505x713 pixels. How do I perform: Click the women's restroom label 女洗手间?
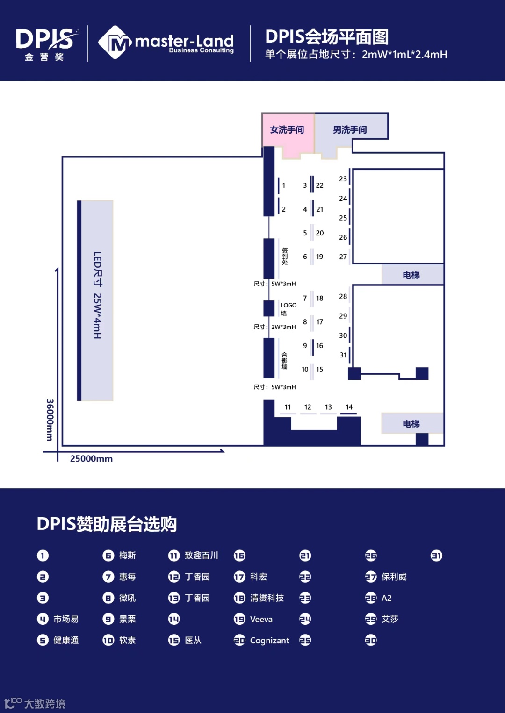[287, 130]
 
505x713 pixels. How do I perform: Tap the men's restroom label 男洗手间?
[350, 130]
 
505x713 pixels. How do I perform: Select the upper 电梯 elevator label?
[411, 275]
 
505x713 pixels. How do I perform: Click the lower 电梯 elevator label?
[411, 424]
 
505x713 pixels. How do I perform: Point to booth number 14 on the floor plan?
[349, 407]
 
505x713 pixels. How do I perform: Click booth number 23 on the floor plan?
[343, 179]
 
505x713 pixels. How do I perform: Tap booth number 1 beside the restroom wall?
[283, 185]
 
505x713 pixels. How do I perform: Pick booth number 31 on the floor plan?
[343, 355]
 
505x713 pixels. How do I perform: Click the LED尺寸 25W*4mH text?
[97, 295]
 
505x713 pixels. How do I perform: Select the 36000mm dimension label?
[50, 420]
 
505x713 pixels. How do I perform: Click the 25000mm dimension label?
[91, 459]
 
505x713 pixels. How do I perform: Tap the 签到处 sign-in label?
[285, 257]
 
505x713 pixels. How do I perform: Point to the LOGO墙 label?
[288, 309]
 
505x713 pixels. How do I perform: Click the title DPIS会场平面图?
[327, 37]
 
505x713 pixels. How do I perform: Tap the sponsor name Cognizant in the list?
[269, 641]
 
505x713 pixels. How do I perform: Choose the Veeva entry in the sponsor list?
[261, 620]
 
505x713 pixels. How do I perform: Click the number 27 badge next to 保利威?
[371, 577]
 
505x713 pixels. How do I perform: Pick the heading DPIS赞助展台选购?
[107, 524]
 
